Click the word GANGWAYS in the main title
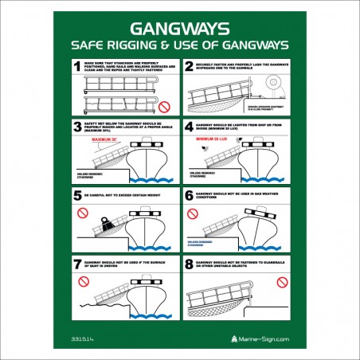pos(179,25)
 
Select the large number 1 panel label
pos(77,68)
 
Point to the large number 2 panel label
pos(189,68)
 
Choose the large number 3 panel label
pos(77,126)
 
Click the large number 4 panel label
pos(189,126)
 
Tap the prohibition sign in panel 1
pos(164,105)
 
